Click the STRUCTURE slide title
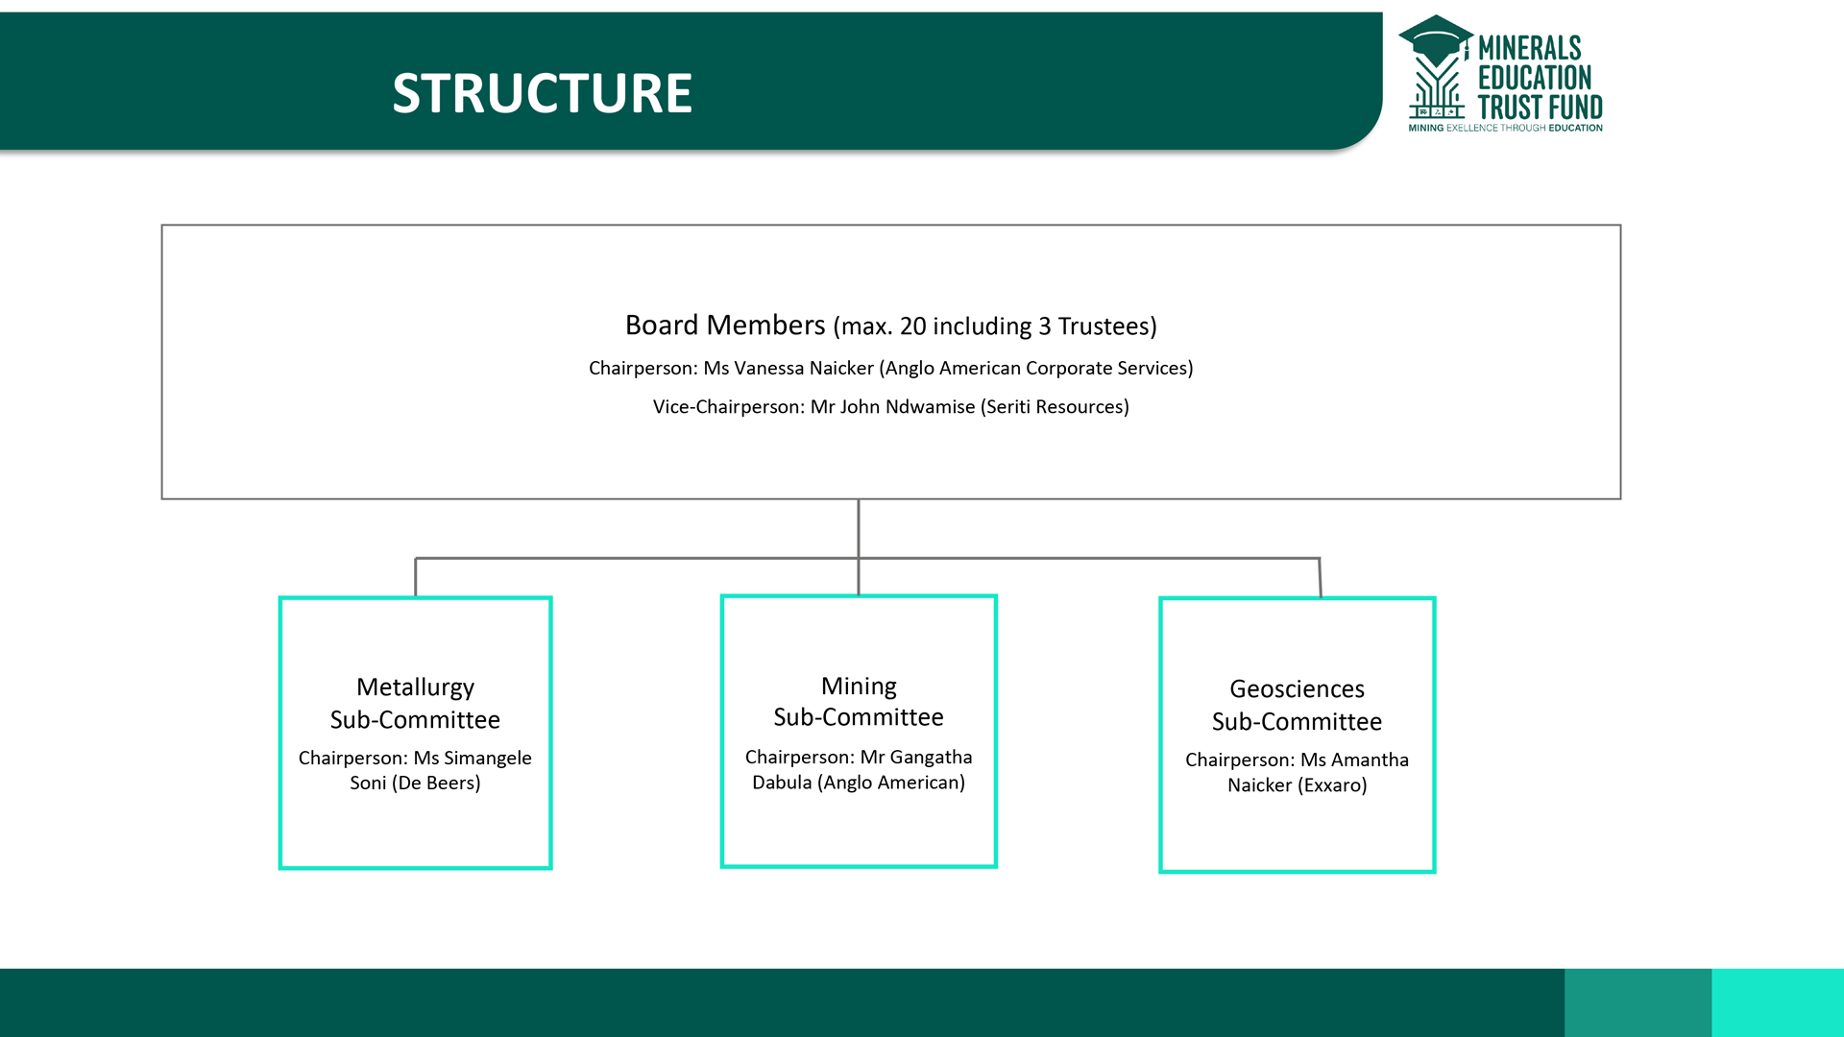[542, 93]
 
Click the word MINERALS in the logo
[1529, 48]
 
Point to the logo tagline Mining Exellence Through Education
[1505, 128]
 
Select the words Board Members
[725, 326]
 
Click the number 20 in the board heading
[912, 326]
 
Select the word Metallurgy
[415, 687]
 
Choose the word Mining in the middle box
[859, 687]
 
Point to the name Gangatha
[931, 758]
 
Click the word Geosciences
[1297, 689]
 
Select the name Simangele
[488, 759]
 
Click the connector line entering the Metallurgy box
[416, 577]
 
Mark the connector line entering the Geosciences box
[1320, 578]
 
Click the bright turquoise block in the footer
[1777, 1002]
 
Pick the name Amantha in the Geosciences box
[1370, 760]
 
